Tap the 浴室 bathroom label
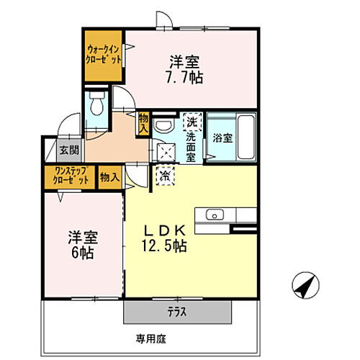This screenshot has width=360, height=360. click(x=221, y=138)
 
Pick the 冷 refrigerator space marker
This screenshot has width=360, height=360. click(x=164, y=175)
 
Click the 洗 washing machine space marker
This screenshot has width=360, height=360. click(x=192, y=120)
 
